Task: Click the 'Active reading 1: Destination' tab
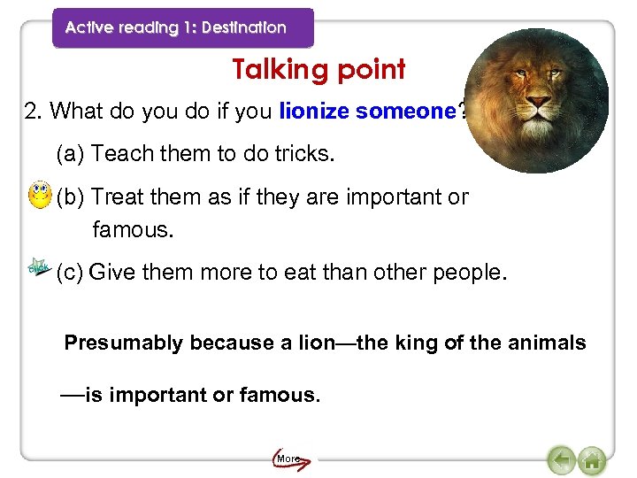(x=177, y=27)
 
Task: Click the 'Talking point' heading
(x=318, y=69)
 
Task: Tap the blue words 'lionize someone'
(x=367, y=112)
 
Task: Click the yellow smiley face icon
(x=39, y=195)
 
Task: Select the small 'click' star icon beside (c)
(x=39, y=266)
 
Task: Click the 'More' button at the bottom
(x=288, y=459)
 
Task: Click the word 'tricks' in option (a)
(x=304, y=154)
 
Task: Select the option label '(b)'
(x=71, y=197)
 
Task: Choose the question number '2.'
(x=35, y=112)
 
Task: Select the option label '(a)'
(x=71, y=154)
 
